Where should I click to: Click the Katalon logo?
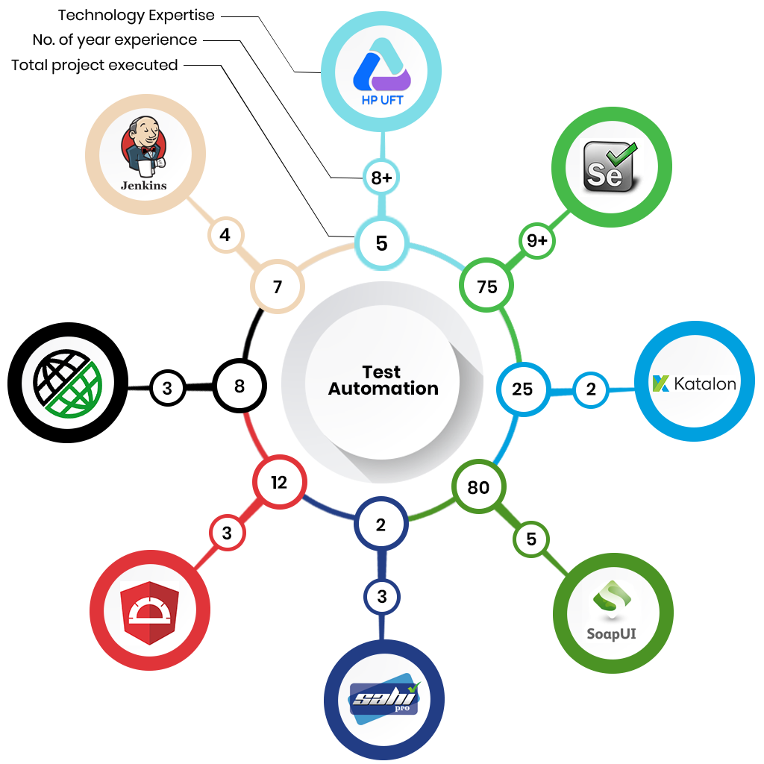click(x=695, y=383)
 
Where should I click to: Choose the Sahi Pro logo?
click(x=384, y=700)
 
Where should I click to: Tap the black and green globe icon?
click(x=68, y=383)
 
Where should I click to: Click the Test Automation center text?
click(x=383, y=380)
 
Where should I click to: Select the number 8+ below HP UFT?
click(x=381, y=178)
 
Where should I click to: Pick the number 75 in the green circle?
click(x=486, y=286)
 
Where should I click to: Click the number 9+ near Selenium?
click(x=537, y=241)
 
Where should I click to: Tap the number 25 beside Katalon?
click(x=522, y=388)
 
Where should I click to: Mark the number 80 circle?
click(x=478, y=487)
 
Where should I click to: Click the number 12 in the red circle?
click(x=279, y=483)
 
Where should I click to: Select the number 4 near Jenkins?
click(x=225, y=236)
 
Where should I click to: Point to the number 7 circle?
click(x=278, y=286)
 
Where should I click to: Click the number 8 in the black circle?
click(x=239, y=386)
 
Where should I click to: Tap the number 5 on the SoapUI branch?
click(x=531, y=539)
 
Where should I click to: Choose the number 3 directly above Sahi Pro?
click(x=382, y=596)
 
